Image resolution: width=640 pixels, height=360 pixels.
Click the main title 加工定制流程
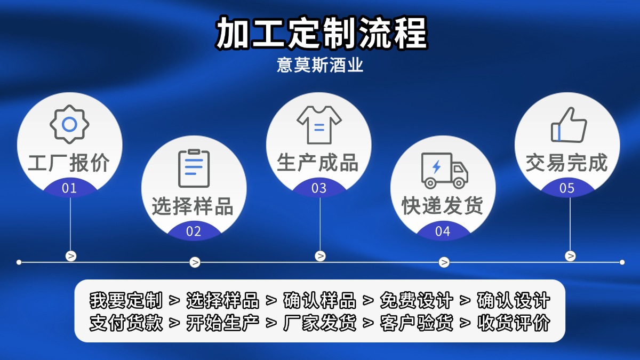coord(322,33)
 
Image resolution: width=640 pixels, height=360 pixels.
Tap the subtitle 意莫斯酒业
coord(320,65)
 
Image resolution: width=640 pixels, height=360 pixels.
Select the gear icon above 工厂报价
coord(69,124)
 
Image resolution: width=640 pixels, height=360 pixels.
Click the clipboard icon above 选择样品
coord(194,168)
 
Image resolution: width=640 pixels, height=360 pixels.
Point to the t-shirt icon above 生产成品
coord(319,124)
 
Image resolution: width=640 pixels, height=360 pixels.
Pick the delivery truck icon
coord(444,170)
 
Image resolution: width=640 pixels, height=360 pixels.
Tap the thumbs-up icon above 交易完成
coord(569,125)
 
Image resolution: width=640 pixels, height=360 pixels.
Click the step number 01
coord(69,188)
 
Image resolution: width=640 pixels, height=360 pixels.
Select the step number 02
coord(194,231)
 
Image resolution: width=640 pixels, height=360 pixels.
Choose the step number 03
coord(319,188)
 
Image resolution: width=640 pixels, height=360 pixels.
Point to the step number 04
coord(443,231)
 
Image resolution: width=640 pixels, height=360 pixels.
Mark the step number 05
coord(567,188)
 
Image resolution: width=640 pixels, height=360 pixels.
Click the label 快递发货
coord(443,206)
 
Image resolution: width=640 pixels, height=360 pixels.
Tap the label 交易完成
coord(567,163)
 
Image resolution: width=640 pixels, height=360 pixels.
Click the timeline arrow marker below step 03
coord(320,256)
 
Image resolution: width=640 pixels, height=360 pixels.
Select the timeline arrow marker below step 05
coord(570,256)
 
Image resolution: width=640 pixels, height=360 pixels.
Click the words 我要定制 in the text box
coord(126,301)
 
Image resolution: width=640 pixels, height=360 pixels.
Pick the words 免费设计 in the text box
coord(417,301)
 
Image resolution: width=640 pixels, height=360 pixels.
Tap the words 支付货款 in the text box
coord(126,323)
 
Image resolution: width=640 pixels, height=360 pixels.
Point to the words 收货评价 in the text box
coord(513,323)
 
